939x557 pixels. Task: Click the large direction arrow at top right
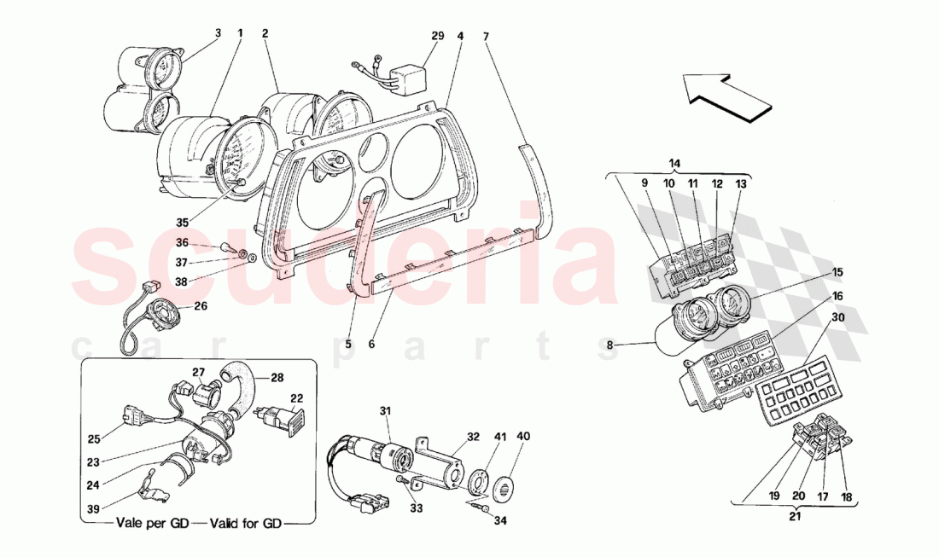point(726,94)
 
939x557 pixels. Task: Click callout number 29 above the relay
point(438,36)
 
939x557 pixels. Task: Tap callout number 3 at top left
point(218,34)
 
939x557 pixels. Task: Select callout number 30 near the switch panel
point(837,316)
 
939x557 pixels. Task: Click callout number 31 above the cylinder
point(385,412)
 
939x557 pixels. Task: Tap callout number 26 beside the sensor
point(201,307)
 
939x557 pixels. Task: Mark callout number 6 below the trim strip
point(371,345)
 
